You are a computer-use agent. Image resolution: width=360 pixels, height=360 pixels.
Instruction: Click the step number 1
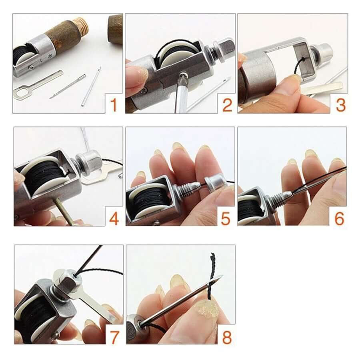point(114,106)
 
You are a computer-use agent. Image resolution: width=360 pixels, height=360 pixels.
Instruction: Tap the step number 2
point(226,106)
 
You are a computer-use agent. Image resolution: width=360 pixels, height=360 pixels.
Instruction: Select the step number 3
point(340,106)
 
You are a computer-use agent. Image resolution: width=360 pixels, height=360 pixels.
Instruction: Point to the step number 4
point(114,218)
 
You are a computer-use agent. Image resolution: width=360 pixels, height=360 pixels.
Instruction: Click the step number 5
point(226,218)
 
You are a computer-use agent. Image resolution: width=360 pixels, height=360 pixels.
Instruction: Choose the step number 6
point(339,218)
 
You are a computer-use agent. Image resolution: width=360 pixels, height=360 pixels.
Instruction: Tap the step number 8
point(227,337)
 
